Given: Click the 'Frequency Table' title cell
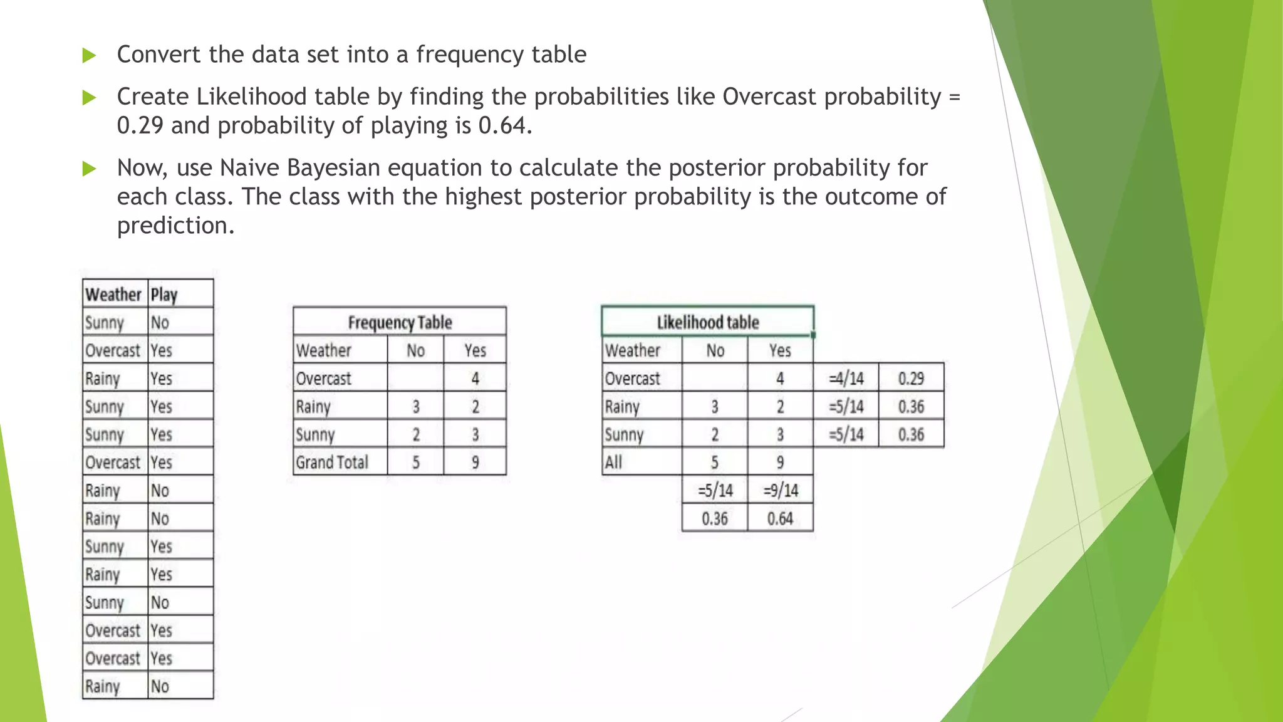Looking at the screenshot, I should [x=400, y=322].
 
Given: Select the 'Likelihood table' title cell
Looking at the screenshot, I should [x=707, y=322].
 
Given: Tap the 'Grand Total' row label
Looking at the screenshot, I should [x=332, y=463].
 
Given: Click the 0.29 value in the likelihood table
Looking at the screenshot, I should [x=911, y=379].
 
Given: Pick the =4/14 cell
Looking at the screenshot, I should [x=846, y=379].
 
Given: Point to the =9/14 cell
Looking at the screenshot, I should [x=781, y=491].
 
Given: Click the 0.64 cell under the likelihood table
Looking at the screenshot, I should [x=781, y=519].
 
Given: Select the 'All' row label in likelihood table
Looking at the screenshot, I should [x=614, y=463].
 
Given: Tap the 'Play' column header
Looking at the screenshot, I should [x=164, y=295].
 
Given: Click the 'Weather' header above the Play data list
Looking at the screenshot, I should [x=113, y=295].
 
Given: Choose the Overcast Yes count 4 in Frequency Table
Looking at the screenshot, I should [x=475, y=379].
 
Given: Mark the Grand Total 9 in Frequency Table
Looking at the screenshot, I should [x=475, y=463].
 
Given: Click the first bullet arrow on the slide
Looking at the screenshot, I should [x=89, y=56].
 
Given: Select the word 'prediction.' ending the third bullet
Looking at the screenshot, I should [x=175, y=226].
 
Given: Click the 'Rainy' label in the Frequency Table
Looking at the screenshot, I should [x=313, y=407].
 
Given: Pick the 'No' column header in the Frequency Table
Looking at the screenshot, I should [x=415, y=350].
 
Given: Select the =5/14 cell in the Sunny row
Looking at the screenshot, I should [x=846, y=434].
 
